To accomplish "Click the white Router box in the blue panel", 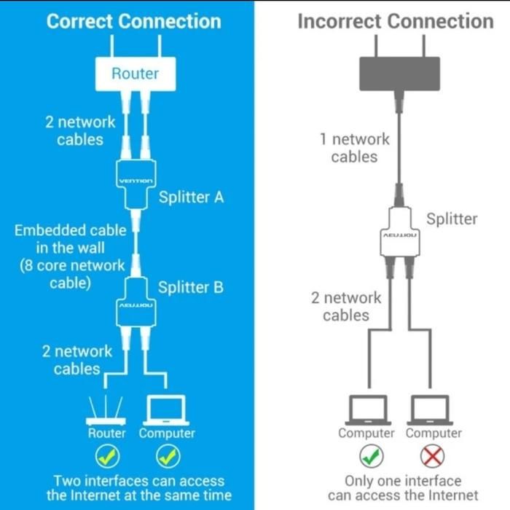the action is [x=136, y=74].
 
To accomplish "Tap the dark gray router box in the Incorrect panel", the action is [x=400, y=74].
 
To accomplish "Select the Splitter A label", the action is [x=191, y=197].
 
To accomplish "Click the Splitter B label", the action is [x=191, y=287].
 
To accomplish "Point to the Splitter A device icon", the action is [x=136, y=184].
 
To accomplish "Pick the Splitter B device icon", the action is [x=136, y=302].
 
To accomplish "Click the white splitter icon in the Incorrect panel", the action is [x=400, y=231].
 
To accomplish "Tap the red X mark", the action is [x=432, y=456].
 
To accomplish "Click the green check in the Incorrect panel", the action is [x=372, y=456].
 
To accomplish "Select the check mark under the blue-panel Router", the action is [x=108, y=456].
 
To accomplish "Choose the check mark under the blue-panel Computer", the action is [x=168, y=456].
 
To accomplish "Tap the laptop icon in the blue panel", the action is [x=166, y=410].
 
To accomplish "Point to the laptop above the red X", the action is [x=430, y=410].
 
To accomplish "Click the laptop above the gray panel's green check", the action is [x=368, y=410].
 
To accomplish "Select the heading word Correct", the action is [x=80, y=21].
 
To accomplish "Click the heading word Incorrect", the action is [x=340, y=21].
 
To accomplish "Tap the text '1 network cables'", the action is [x=355, y=148].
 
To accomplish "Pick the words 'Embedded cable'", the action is [x=71, y=230].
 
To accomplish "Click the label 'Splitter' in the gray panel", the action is [x=452, y=219].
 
